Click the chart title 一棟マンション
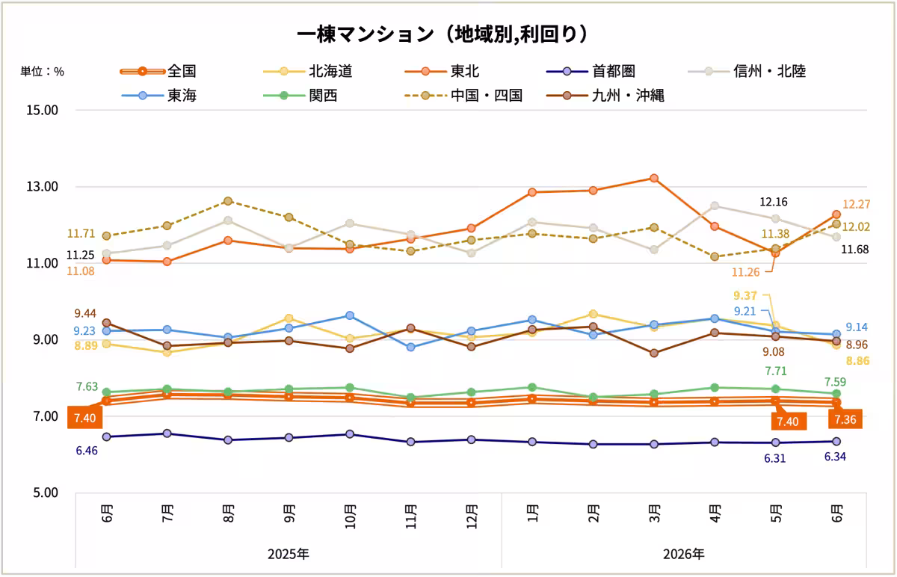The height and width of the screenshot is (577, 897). pyautogui.click(x=365, y=34)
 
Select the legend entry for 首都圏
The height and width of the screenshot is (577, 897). pyautogui.click(x=591, y=71)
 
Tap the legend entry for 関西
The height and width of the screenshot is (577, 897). pyautogui.click(x=300, y=96)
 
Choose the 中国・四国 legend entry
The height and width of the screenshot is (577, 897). pyautogui.click(x=463, y=96)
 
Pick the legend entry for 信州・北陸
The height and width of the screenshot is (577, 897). pyautogui.click(x=747, y=71)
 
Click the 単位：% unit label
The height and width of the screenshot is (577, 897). pyautogui.click(x=42, y=72)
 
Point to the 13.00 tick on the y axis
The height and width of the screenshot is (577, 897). pyautogui.click(x=42, y=187)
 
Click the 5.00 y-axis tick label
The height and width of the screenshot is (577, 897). pyautogui.click(x=46, y=493)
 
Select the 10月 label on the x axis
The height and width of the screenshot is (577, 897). pyautogui.click(x=350, y=516)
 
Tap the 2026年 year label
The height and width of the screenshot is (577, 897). pyautogui.click(x=683, y=554)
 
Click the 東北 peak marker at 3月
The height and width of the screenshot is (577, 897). pyautogui.click(x=654, y=178)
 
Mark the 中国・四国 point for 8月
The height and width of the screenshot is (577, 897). pyautogui.click(x=228, y=201)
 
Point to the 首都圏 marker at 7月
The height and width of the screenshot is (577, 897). pyautogui.click(x=167, y=433)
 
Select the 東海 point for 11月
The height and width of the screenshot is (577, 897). pyautogui.click(x=410, y=347)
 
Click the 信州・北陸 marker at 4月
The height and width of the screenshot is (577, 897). pyautogui.click(x=715, y=206)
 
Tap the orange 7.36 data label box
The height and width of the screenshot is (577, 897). pyautogui.click(x=845, y=419)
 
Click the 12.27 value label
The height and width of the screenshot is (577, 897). pyautogui.click(x=856, y=205)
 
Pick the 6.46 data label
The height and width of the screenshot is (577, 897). pyautogui.click(x=87, y=451)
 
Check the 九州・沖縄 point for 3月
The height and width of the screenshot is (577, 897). pyautogui.click(x=654, y=354)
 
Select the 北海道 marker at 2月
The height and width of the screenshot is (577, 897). pyautogui.click(x=593, y=314)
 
